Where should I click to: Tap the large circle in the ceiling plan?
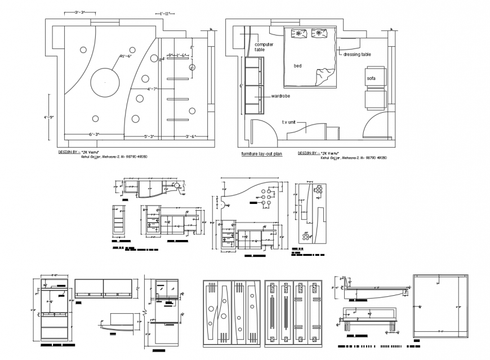click(x=105, y=83)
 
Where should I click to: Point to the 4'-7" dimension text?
click(x=152, y=89)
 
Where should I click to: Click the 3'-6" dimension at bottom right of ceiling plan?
click(x=191, y=136)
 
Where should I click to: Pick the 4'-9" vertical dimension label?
click(x=49, y=118)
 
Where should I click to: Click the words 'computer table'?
click(x=264, y=47)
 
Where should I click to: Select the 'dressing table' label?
click(x=357, y=55)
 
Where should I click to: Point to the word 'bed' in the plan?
click(x=297, y=66)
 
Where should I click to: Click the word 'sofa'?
click(x=371, y=78)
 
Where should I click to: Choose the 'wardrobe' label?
click(x=280, y=96)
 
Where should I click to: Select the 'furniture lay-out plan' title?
click(x=261, y=153)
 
